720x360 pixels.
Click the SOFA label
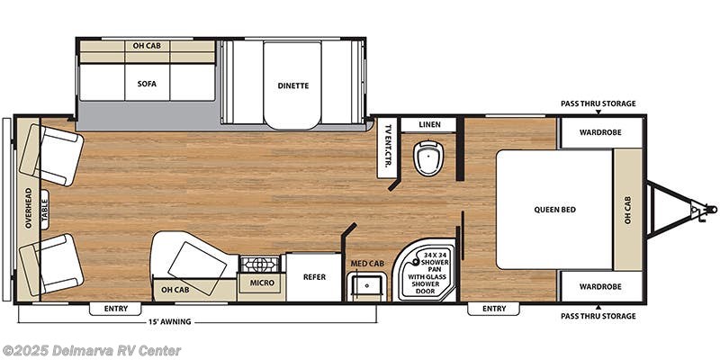point(148,84)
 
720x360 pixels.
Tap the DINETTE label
point(292,85)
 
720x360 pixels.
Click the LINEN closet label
point(429,124)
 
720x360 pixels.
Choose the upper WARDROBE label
point(601,134)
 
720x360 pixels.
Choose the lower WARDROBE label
point(601,286)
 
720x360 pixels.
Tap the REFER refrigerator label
point(314,277)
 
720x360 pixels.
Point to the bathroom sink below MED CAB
point(366,287)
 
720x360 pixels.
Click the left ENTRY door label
point(116,309)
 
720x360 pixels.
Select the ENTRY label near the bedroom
point(493,309)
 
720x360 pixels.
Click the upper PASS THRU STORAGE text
point(598,103)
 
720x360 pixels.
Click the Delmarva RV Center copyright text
point(92,350)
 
